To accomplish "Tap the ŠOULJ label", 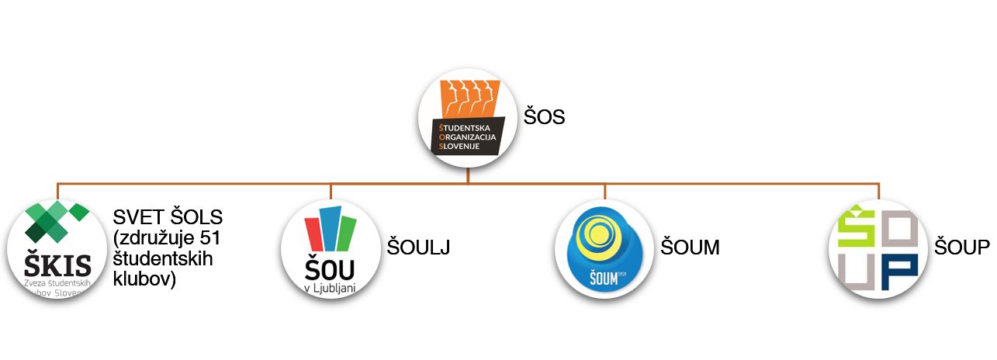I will (x=418, y=247).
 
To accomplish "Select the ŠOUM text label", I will (x=690, y=247).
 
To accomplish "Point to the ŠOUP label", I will (x=962, y=247).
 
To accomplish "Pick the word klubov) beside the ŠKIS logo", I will (x=145, y=278).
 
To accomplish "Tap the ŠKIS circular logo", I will (x=57, y=249).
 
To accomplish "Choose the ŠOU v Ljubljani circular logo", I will (x=331, y=249).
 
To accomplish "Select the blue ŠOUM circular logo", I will (x=604, y=249).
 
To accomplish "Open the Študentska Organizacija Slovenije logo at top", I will (x=468, y=117).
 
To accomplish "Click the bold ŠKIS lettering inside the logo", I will (x=57, y=265).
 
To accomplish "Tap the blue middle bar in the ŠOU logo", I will (x=331, y=228).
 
